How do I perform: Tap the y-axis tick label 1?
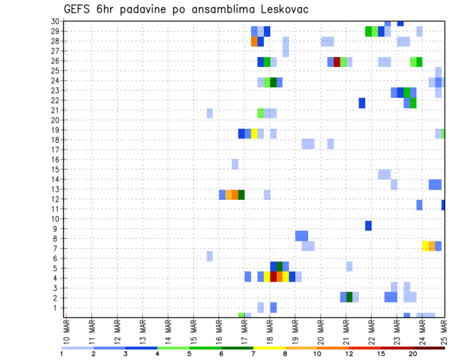(56, 308)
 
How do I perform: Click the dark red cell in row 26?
(337, 62)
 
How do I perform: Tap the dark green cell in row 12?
(241, 195)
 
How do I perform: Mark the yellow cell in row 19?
(254, 133)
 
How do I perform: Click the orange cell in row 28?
(254, 42)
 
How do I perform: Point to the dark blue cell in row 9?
(368, 226)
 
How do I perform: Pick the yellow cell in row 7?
(426, 246)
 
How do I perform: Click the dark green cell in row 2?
(349, 297)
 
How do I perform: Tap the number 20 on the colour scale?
(413, 353)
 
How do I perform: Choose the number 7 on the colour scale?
(253, 353)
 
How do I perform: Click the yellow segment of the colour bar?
(269, 348)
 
